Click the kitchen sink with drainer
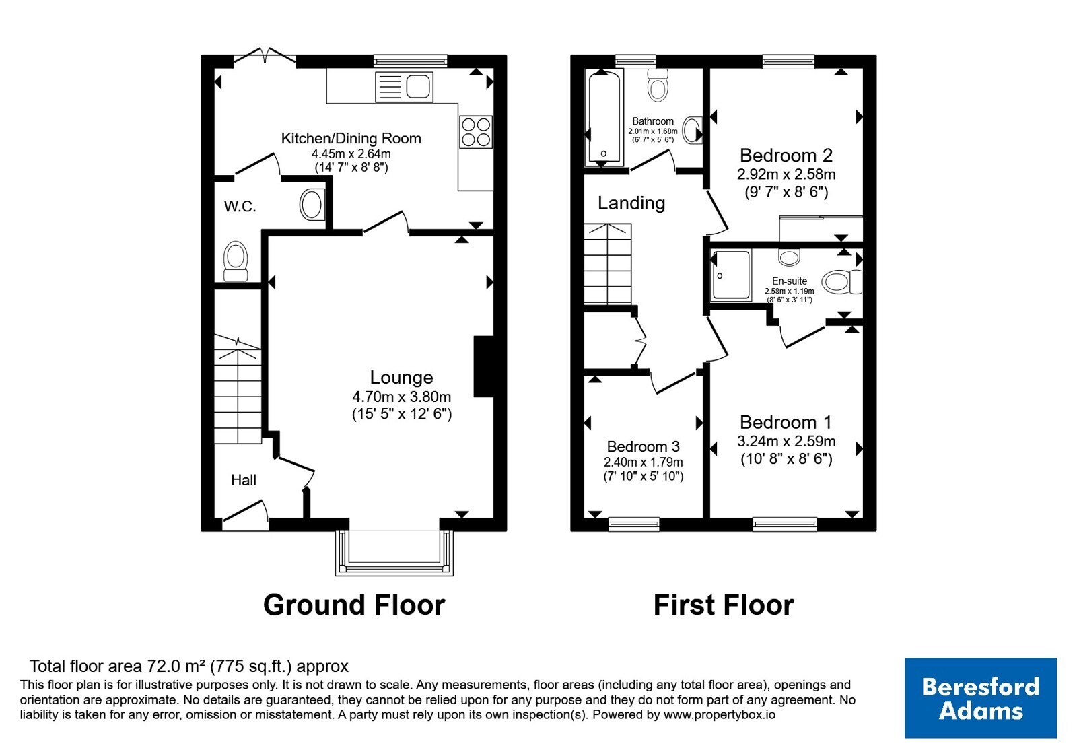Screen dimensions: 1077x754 tap(404, 87)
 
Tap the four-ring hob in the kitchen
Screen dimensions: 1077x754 tap(475, 132)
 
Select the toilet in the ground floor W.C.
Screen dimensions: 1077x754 tap(236, 261)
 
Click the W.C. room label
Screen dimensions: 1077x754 tap(240, 207)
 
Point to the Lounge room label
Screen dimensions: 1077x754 tap(401, 378)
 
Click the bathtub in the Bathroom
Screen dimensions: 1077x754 tap(604, 118)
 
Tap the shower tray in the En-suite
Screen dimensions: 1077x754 tap(731, 275)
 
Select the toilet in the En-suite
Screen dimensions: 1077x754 tap(842, 282)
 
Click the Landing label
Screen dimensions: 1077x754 tap(631, 203)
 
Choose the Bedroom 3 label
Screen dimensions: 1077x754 tap(644, 447)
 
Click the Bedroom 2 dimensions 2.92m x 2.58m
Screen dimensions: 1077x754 tap(786, 174)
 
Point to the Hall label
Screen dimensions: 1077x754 tap(243, 480)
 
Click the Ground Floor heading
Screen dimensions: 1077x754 tap(354, 605)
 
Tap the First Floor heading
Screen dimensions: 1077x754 tap(724, 605)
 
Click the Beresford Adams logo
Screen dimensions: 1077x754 tap(980, 697)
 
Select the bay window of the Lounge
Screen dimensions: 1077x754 tap(394, 553)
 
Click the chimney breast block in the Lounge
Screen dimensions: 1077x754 tap(484, 366)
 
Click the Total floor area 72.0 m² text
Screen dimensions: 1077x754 tap(189, 666)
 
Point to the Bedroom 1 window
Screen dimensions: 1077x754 tap(785, 524)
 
